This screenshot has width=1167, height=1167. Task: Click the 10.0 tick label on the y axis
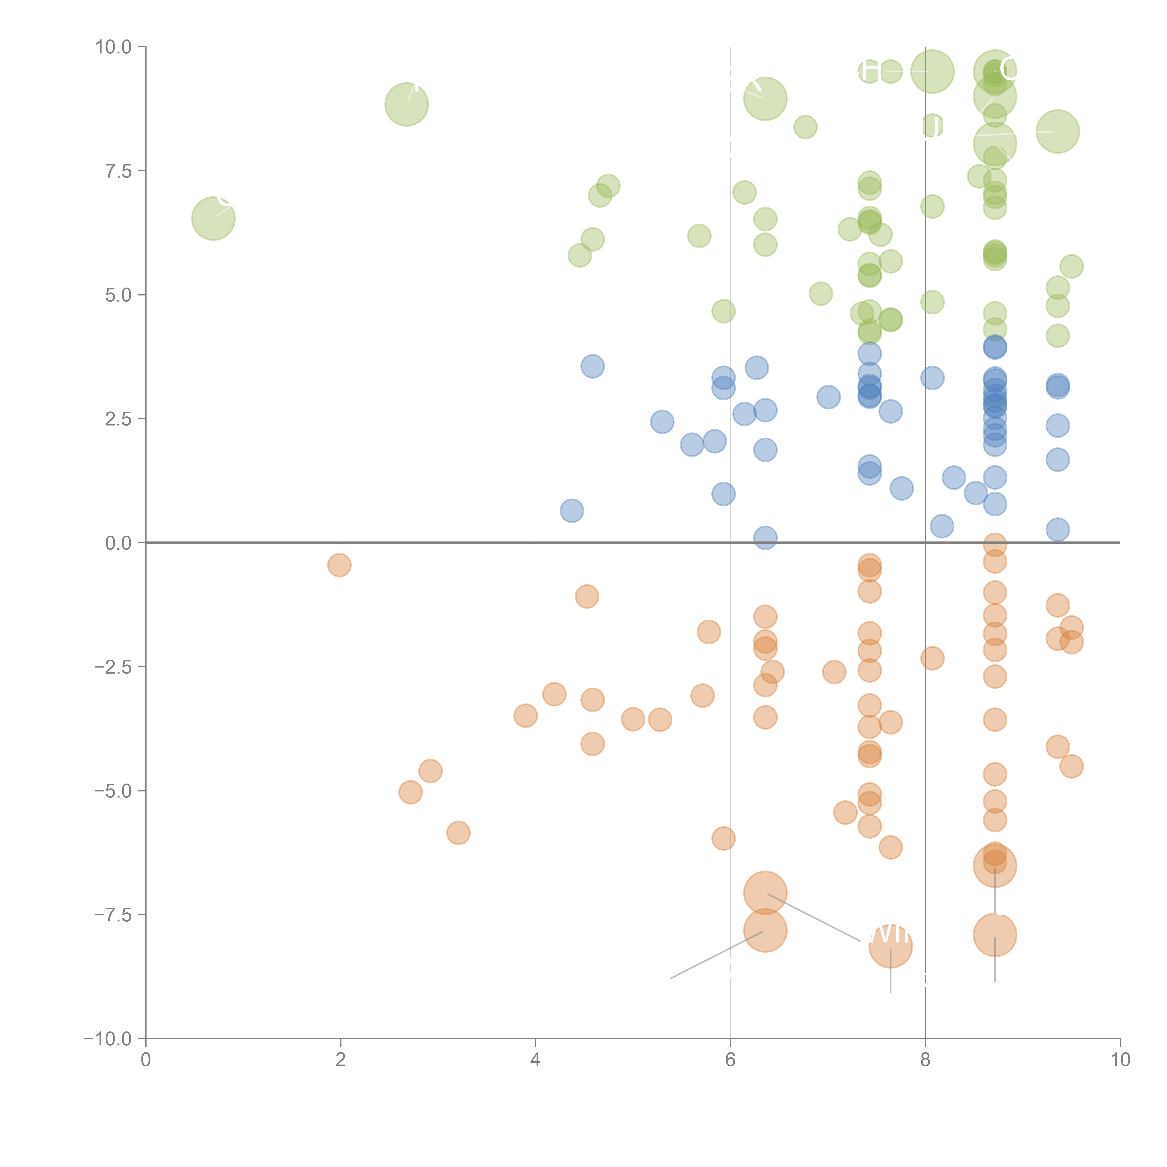pos(114,47)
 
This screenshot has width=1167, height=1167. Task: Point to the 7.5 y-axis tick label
pos(118,171)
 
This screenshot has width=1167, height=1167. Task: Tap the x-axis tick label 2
pos(341,1060)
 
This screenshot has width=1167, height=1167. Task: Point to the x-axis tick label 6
pos(730,1060)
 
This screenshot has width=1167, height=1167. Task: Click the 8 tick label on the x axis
pos(925,1060)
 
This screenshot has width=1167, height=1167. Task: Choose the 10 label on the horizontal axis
pos(1120,1060)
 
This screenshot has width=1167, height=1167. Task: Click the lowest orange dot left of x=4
pos(458,833)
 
